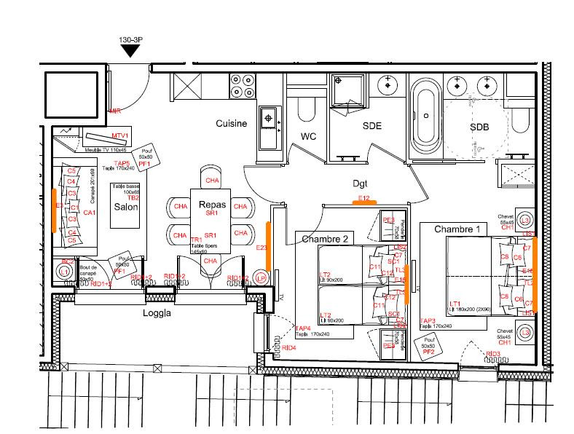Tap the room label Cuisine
(231, 123)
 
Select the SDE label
(372, 125)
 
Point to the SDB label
(479, 127)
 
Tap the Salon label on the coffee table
(125, 207)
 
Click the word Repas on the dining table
(212, 205)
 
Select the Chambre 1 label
(457, 229)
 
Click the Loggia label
(156, 315)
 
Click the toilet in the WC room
(307, 108)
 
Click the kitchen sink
(269, 117)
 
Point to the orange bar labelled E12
(364, 202)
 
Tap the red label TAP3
(428, 320)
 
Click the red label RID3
(493, 354)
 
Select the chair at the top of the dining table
(212, 179)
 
